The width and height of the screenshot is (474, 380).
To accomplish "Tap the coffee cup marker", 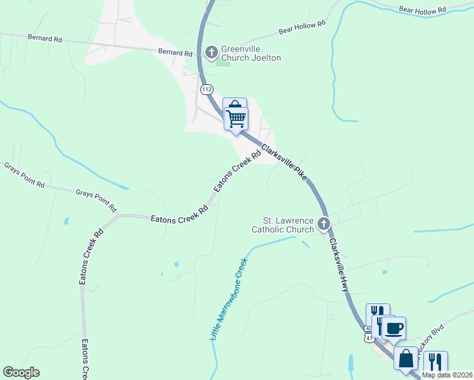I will (x=393, y=329).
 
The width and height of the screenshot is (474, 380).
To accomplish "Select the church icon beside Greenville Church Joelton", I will (x=212, y=51).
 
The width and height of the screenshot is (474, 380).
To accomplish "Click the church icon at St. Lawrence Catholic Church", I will (x=324, y=223).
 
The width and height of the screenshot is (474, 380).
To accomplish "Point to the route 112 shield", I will (x=207, y=90).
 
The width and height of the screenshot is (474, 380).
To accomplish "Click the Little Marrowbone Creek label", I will (x=227, y=298).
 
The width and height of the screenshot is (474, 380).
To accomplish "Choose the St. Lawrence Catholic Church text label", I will (x=283, y=225).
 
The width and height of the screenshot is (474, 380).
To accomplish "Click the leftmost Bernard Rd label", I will (x=44, y=39).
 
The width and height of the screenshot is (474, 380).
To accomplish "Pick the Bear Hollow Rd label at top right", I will (x=423, y=10).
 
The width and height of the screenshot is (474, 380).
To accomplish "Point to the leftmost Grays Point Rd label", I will (x=24, y=175).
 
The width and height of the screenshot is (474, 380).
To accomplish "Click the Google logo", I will (x=21, y=372).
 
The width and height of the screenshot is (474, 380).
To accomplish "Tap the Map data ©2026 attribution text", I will (x=447, y=375).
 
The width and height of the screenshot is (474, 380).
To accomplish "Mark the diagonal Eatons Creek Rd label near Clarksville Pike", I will (x=238, y=171).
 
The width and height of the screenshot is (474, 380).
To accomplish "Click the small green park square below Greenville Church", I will (x=223, y=62).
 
